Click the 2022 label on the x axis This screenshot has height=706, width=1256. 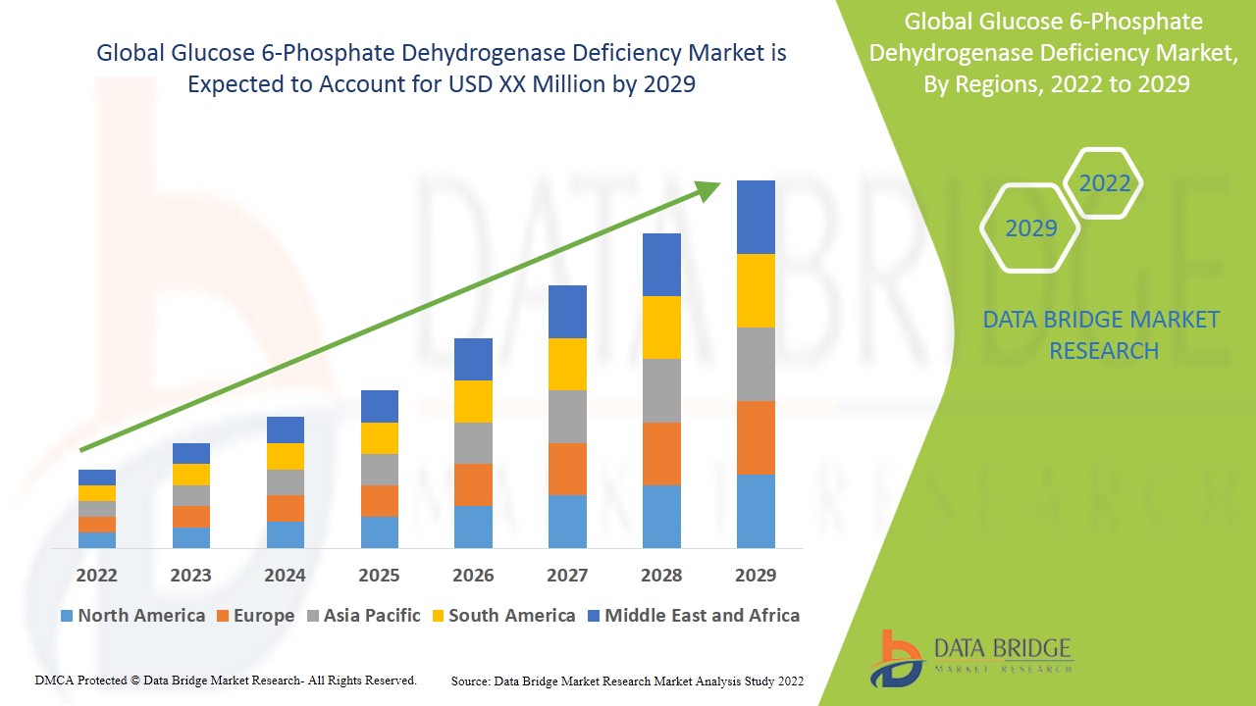pyautogui.click(x=96, y=575)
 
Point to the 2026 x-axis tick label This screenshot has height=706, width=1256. pyautogui.click(x=473, y=575)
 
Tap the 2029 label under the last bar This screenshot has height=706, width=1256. pyautogui.click(x=756, y=575)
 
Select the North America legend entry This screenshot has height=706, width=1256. pyautogui.click(x=132, y=616)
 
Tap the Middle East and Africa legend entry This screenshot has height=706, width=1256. pyautogui.click(x=693, y=616)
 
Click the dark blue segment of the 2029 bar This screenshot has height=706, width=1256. pyautogui.click(x=756, y=217)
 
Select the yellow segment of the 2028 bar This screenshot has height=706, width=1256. pyautogui.click(x=661, y=328)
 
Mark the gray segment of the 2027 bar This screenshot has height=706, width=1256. pyautogui.click(x=567, y=417)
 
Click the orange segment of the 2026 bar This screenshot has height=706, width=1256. pyautogui.click(x=473, y=484)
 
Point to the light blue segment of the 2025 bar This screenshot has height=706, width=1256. pyautogui.click(x=379, y=531)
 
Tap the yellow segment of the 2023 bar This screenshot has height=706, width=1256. pyautogui.click(x=190, y=475)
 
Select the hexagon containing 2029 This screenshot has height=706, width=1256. pyautogui.click(x=1030, y=228)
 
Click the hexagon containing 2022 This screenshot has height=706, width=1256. pyautogui.click(x=1104, y=183)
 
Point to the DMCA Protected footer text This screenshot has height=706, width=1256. pyautogui.click(x=226, y=680)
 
